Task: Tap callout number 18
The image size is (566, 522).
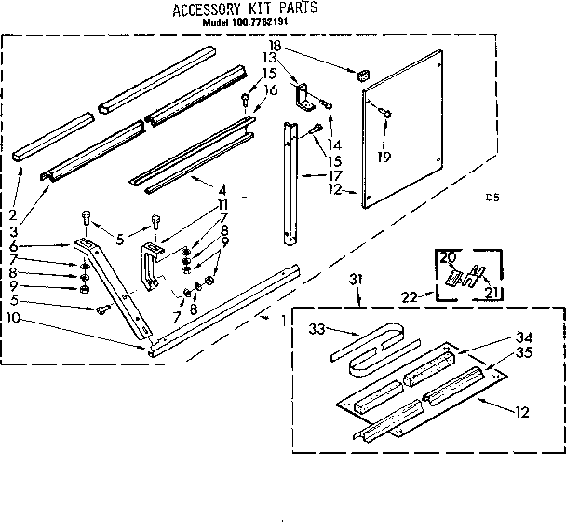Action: point(274,46)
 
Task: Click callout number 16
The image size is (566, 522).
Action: point(271,89)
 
